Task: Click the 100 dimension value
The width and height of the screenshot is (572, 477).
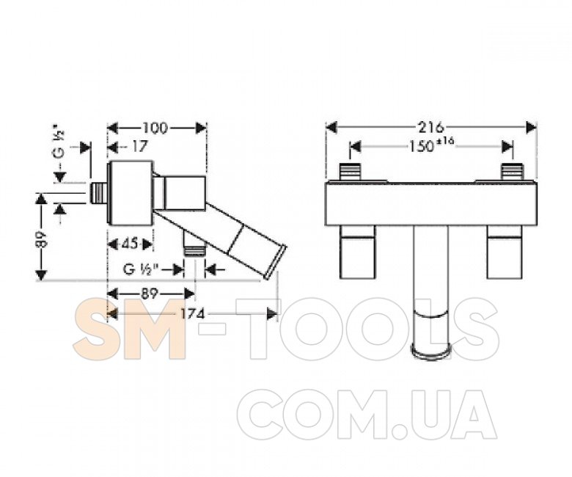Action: point(155,128)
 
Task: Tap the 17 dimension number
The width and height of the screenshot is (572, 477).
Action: point(139,147)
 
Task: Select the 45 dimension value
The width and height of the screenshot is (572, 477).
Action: point(130,244)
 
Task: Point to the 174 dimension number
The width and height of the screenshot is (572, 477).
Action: point(193,314)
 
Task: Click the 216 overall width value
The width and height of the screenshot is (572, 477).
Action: point(430,128)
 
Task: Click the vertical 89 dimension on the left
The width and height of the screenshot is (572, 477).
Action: point(43,239)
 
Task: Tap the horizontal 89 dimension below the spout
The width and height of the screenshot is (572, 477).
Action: point(148,294)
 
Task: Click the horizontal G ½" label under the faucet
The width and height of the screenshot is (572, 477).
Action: point(142,270)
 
